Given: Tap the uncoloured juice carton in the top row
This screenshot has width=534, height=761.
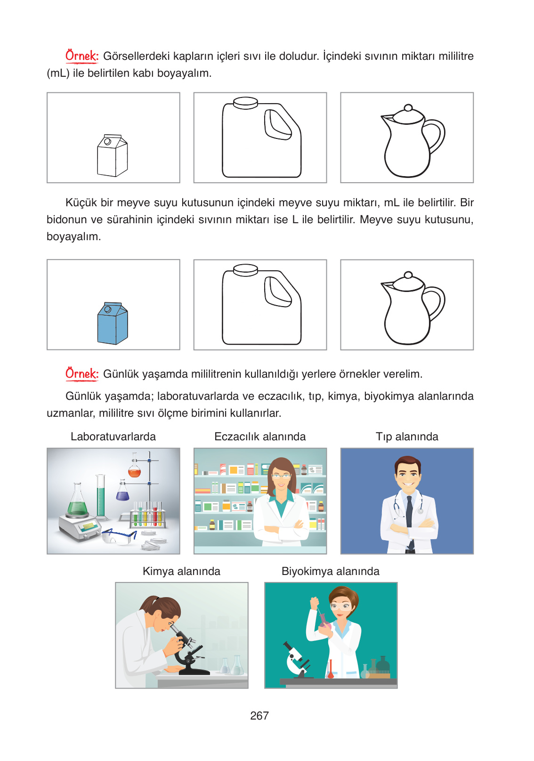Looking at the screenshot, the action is pyautogui.click(x=113, y=155).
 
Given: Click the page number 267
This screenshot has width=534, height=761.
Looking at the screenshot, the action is pyautogui.click(x=259, y=716).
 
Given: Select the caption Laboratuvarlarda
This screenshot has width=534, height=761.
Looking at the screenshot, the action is pyautogui.click(x=113, y=437).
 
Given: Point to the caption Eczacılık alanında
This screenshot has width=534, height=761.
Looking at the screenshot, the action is pyautogui.click(x=260, y=437).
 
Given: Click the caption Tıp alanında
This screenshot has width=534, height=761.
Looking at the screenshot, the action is pyautogui.click(x=407, y=437).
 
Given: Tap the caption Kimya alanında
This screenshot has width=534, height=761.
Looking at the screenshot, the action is pyautogui.click(x=181, y=571).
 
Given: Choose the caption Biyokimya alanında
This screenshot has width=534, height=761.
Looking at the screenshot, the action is pyautogui.click(x=331, y=571).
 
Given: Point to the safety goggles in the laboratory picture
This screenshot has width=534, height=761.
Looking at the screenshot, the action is pyautogui.click(x=119, y=536).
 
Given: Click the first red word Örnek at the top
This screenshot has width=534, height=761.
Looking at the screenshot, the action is pyautogui.click(x=82, y=56).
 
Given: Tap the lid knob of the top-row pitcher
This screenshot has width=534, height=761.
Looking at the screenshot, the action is pyautogui.click(x=408, y=108).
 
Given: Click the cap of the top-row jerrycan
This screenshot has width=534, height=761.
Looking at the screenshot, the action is pyautogui.click(x=246, y=103).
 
